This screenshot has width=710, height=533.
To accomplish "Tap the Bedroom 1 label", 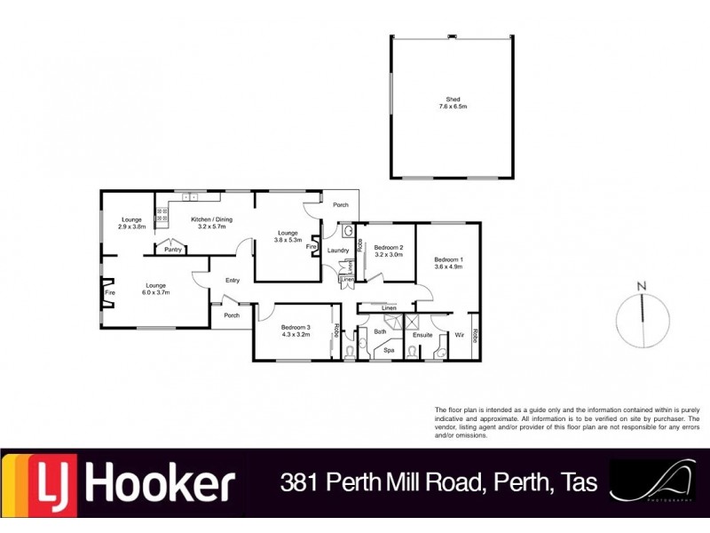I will click(448, 261).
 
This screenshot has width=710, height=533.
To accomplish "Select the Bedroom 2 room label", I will click(389, 251).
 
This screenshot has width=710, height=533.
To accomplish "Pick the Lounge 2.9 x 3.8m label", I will click(132, 223).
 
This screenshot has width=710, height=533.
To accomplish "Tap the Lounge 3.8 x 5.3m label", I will click(288, 236).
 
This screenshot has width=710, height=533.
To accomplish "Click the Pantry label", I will click(173, 250).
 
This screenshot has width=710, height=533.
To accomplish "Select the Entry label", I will click(233, 281).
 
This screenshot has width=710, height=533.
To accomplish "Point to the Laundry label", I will click(337, 251).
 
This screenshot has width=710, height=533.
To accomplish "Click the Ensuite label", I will click(422, 335).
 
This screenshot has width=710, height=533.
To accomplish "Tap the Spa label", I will click(389, 350).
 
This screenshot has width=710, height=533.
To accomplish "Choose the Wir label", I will click(459, 335).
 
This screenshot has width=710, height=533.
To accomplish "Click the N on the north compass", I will click(641, 285).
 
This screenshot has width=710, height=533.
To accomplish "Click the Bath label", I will click(380, 331).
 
